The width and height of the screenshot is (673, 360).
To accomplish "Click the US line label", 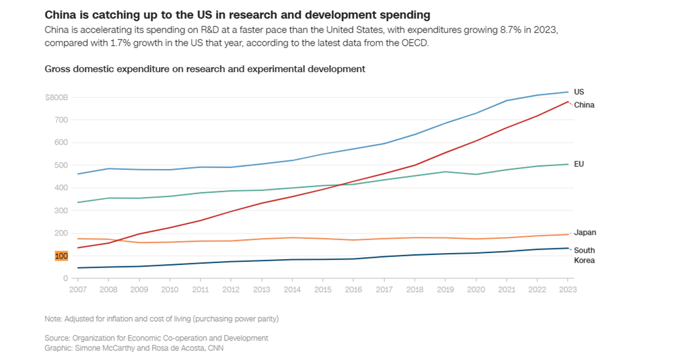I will point(579,92).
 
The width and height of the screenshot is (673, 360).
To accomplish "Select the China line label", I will point(583,105).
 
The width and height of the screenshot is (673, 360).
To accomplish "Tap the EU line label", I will point(579,164).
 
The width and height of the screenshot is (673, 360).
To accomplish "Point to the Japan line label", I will point(585,233).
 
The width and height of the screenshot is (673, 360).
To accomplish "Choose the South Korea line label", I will point(584,255).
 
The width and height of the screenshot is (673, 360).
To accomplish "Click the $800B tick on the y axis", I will point(57,98).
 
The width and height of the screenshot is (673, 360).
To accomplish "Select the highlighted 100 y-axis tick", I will point(61,256).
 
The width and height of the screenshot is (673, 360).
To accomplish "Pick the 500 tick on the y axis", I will point(62,166).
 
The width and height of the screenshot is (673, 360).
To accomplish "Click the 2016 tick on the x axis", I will point(353,289).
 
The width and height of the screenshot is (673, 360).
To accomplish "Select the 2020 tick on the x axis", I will point(475,289).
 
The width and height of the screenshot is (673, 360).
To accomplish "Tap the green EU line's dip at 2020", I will point(476,174).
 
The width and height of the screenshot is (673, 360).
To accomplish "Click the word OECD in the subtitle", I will point(413,43).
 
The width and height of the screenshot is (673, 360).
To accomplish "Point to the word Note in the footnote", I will point(53,318).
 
